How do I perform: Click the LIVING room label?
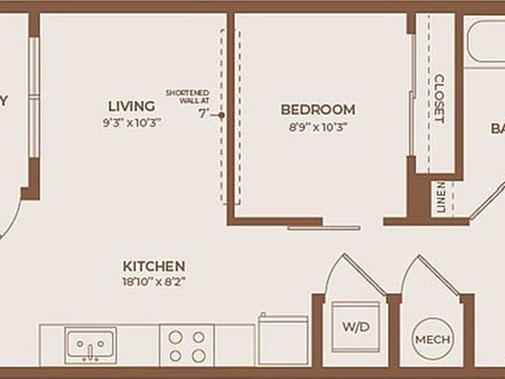132,105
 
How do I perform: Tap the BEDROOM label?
318,110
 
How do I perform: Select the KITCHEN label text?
153,266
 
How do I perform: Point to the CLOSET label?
439,98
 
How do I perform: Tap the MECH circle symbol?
433,340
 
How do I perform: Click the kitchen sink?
91,345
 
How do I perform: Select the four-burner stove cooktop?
187,345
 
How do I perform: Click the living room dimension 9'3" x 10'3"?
132,122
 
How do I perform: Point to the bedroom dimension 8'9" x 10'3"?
318,126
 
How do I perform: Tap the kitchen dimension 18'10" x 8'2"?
153,281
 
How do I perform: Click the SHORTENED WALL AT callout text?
187,97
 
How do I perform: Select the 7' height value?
204,113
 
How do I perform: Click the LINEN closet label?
440,197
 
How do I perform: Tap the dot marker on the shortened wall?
221,115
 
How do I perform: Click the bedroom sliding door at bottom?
323,227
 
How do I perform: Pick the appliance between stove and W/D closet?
282,340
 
